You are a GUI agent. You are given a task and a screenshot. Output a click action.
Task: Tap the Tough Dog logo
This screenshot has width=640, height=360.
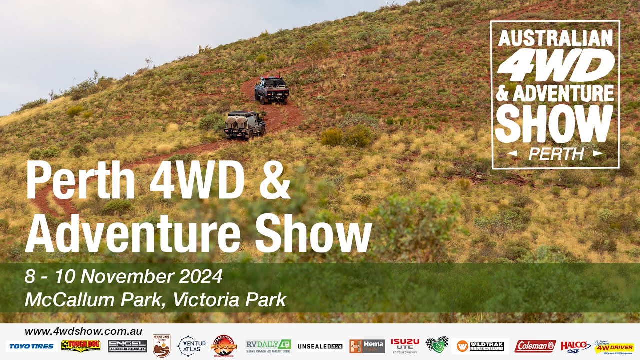(81, 345)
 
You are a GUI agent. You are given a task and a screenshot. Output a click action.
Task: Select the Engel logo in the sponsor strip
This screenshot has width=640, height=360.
(127, 346)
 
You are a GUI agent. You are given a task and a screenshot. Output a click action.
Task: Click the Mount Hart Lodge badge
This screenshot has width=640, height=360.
(161, 346)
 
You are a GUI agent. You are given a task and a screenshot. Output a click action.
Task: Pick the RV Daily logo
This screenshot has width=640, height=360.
(268, 346)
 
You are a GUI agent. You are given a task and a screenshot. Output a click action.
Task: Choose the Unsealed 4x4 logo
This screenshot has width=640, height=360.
(320, 346)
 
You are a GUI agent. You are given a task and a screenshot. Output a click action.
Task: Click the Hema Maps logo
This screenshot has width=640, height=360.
(367, 346)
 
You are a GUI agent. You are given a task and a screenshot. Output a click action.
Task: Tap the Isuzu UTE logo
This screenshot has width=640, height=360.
(405, 345)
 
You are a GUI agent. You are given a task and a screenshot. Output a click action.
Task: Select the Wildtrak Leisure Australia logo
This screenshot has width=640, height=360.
(480, 346)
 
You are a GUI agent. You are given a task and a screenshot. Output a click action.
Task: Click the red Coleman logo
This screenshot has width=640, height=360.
(535, 346)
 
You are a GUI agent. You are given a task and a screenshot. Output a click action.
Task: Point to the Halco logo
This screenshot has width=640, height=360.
(575, 346)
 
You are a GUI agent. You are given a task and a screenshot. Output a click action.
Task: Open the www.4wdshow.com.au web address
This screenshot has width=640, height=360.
(83, 331)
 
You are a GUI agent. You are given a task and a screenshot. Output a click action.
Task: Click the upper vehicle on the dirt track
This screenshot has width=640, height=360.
(271, 90)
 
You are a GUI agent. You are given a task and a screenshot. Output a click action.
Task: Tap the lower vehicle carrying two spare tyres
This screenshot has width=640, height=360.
(244, 124)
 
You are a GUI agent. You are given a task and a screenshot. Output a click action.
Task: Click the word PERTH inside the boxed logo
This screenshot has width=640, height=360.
(556, 154)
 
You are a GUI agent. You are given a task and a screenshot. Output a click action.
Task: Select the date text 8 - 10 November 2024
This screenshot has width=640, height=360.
(123, 276)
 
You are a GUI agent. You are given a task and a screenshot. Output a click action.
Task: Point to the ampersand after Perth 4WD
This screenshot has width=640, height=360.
(274, 181)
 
